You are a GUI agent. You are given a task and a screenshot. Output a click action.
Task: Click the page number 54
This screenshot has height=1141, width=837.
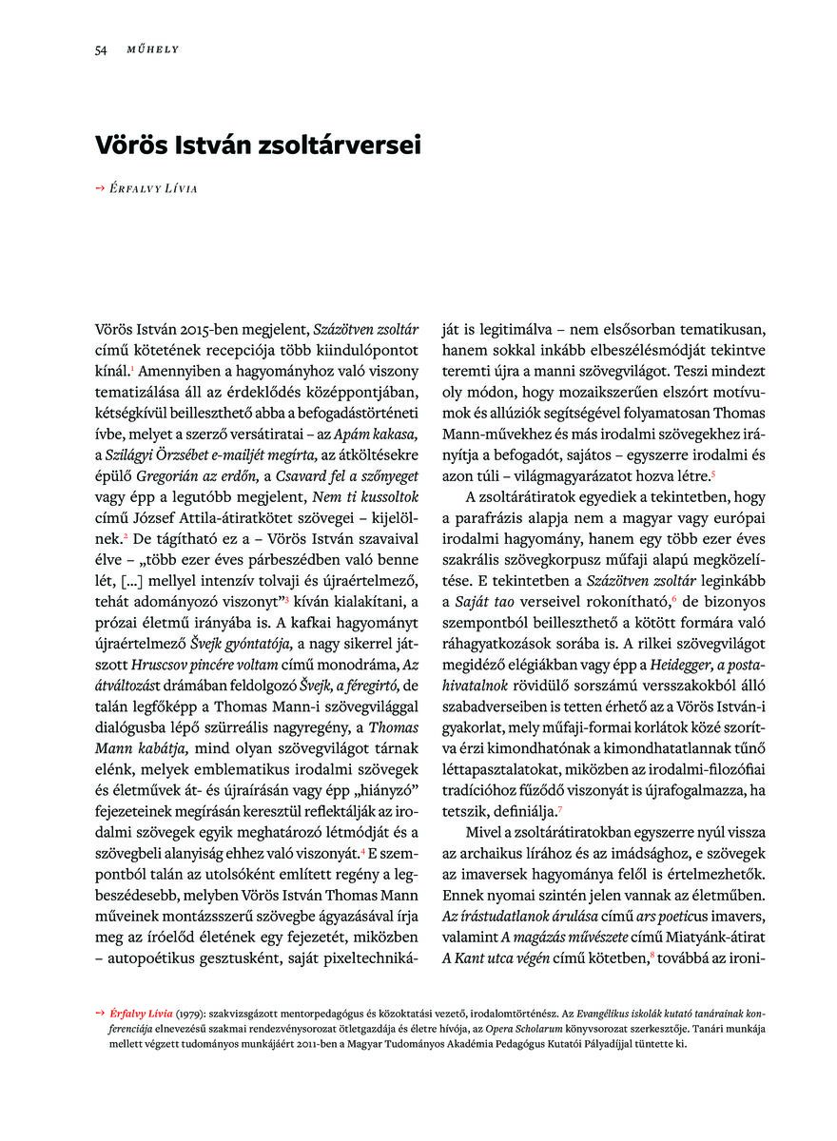tap(100, 49)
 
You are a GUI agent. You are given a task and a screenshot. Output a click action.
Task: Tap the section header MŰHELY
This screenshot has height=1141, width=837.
tap(153, 49)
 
